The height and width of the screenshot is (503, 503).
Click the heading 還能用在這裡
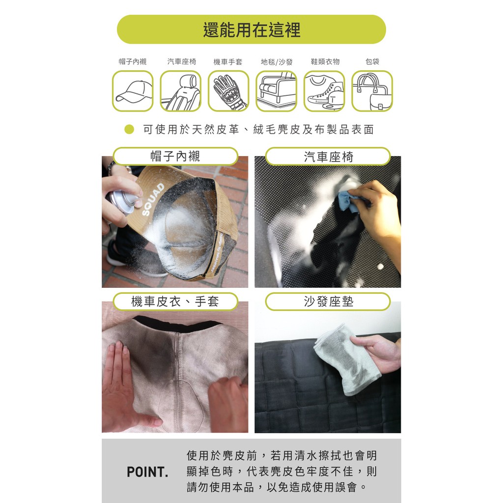(x=251, y=30)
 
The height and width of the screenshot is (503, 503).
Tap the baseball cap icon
(x=133, y=91)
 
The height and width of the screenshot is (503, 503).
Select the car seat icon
(x=181, y=91)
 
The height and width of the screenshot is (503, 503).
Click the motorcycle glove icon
(x=228, y=91)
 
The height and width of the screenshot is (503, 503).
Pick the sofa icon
(x=276, y=91)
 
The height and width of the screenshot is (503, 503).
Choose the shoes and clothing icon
(x=324, y=91)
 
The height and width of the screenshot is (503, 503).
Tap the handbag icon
(x=372, y=91)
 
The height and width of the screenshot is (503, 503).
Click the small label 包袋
(x=372, y=61)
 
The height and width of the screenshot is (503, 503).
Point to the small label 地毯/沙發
(x=277, y=61)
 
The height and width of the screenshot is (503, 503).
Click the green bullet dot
(x=129, y=129)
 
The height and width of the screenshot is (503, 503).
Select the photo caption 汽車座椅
(x=329, y=157)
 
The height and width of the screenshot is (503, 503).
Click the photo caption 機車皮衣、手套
(x=175, y=302)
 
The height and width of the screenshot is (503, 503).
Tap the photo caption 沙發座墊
(x=329, y=302)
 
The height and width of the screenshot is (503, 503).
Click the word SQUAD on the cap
(x=153, y=199)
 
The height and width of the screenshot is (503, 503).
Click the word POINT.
(x=147, y=472)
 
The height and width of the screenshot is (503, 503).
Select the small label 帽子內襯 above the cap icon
(x=133, y=61)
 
